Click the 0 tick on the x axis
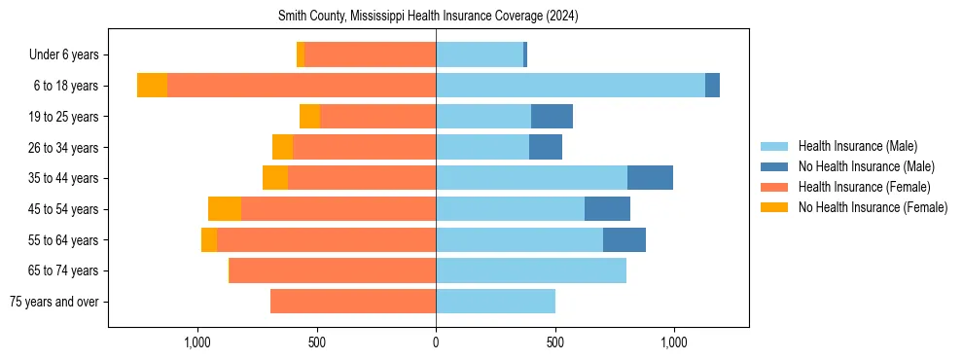[436, 342]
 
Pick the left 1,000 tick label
[197, 342]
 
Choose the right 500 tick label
[555, 342]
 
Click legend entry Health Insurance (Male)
[857, 146]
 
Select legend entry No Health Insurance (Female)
[873, 207]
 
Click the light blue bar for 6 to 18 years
[570, 86]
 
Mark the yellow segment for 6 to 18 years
[152, 86]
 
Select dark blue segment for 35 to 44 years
[650, 178]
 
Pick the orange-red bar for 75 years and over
[353, 302]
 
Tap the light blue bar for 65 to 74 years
[531, 270]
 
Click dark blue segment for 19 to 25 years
[552, 117]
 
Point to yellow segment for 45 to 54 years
[225, 209]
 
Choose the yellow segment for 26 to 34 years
[282, 147]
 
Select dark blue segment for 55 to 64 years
[624, 239]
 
